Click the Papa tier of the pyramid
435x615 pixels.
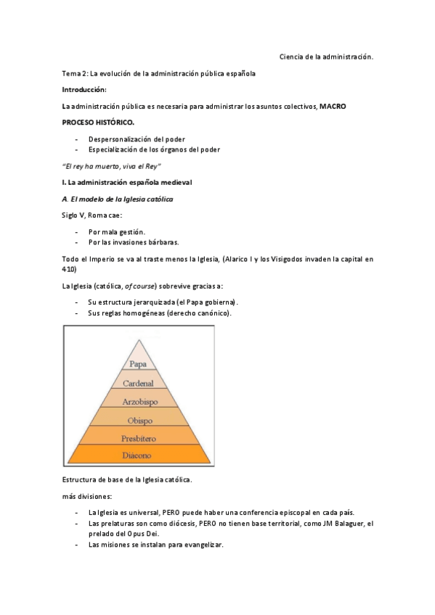[x=139, y=364]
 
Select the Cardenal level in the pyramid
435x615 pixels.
[x=139, y=382]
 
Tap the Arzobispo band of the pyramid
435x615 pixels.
[x=139, y=400]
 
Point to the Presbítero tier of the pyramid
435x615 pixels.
[x=139, y=437]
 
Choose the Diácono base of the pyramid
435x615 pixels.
[x=139, y=455]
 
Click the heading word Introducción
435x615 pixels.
[x=84, y=89]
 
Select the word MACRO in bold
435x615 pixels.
[x=333, y=106]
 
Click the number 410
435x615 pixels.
[x=70, y=270]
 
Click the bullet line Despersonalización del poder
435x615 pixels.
[x=136, y=139]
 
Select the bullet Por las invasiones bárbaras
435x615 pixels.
[x=133, y=242]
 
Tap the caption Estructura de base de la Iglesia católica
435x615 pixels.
[x=127, y=480]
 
